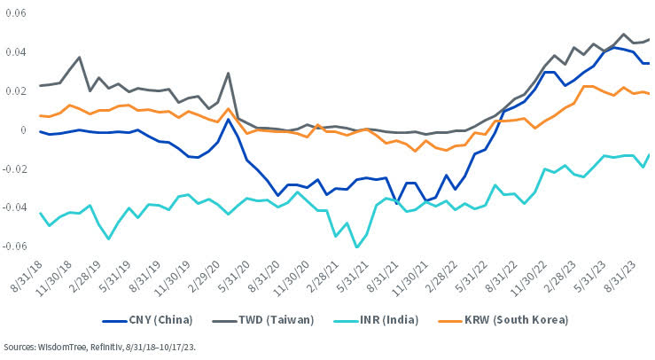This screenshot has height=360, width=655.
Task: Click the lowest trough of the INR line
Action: [x=356, y=247]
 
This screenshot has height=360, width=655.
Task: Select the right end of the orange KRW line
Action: [x=650, y=94]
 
